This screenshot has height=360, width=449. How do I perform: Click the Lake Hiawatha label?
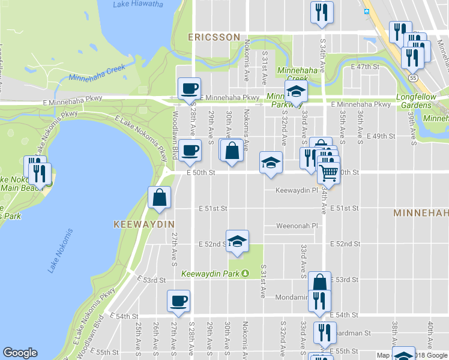click(x=137, y=4)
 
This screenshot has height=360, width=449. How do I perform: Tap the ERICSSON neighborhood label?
click(x=214, y=37)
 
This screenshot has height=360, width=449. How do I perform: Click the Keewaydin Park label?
click(x=211, y=274)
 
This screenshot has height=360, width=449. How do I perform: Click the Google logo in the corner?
click(x=20, y=353)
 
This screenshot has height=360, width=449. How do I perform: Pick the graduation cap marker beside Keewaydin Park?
click(x=238, y=241)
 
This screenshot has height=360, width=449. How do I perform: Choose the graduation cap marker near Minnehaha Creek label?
click(x=295, y=92)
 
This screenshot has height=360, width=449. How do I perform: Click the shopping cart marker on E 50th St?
click(x=328, y=173)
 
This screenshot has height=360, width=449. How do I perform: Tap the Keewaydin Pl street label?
click(x=296, y=191)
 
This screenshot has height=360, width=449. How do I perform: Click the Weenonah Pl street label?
click(x=297, y=226)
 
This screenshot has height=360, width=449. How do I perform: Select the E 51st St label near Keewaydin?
click(x=213, y=209)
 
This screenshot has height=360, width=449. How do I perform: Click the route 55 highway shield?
click(x=413, y=78)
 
